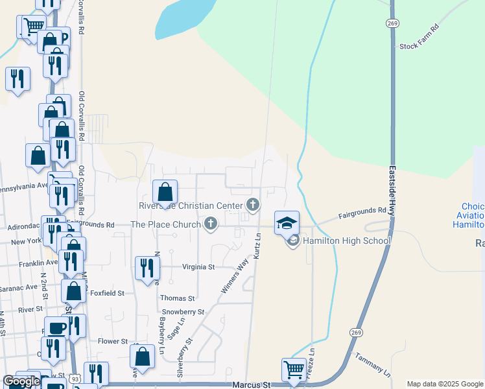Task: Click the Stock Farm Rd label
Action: [x=420, y=45]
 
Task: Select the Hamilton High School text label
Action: [x=346, y=241]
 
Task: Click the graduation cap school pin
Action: [x=287, y=223]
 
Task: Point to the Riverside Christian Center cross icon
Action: [x=253, y=206]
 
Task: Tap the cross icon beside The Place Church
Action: [x=210, y=224]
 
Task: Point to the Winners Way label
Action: [x=235, y=276]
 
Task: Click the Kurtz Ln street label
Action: [x=257, y=247]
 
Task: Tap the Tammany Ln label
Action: [x=373, y=365]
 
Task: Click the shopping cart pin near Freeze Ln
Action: [x=294, y=370]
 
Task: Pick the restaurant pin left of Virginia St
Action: [x=148, y=268]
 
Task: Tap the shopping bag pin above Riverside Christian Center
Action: [x=165, y=192]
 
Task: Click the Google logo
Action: [x=21, y=382]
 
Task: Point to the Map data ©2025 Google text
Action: [x=444, y=384]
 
